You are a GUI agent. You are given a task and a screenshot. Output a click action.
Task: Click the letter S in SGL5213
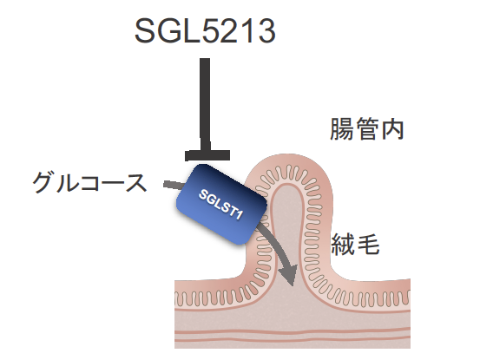145,30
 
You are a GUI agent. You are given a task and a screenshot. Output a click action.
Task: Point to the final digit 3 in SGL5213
266,30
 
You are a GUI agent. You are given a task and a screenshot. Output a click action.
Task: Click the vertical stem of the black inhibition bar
205,104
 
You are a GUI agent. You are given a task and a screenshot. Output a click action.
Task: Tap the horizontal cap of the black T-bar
207,155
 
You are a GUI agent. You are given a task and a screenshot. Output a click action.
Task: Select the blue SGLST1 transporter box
221,205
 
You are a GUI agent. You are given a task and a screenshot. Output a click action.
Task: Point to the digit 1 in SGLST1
239,215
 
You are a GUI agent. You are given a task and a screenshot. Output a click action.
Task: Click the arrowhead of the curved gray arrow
290,274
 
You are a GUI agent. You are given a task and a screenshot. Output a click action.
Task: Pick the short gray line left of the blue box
174,185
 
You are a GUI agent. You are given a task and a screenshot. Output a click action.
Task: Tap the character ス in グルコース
135,183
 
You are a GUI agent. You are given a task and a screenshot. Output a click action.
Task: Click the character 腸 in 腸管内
342,129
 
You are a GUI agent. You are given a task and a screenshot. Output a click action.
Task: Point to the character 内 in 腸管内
391,129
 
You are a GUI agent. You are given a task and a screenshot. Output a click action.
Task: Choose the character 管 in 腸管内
366,129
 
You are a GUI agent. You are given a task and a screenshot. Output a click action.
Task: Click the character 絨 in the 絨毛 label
343,244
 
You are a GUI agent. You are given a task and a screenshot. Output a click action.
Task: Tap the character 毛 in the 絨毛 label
368,244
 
